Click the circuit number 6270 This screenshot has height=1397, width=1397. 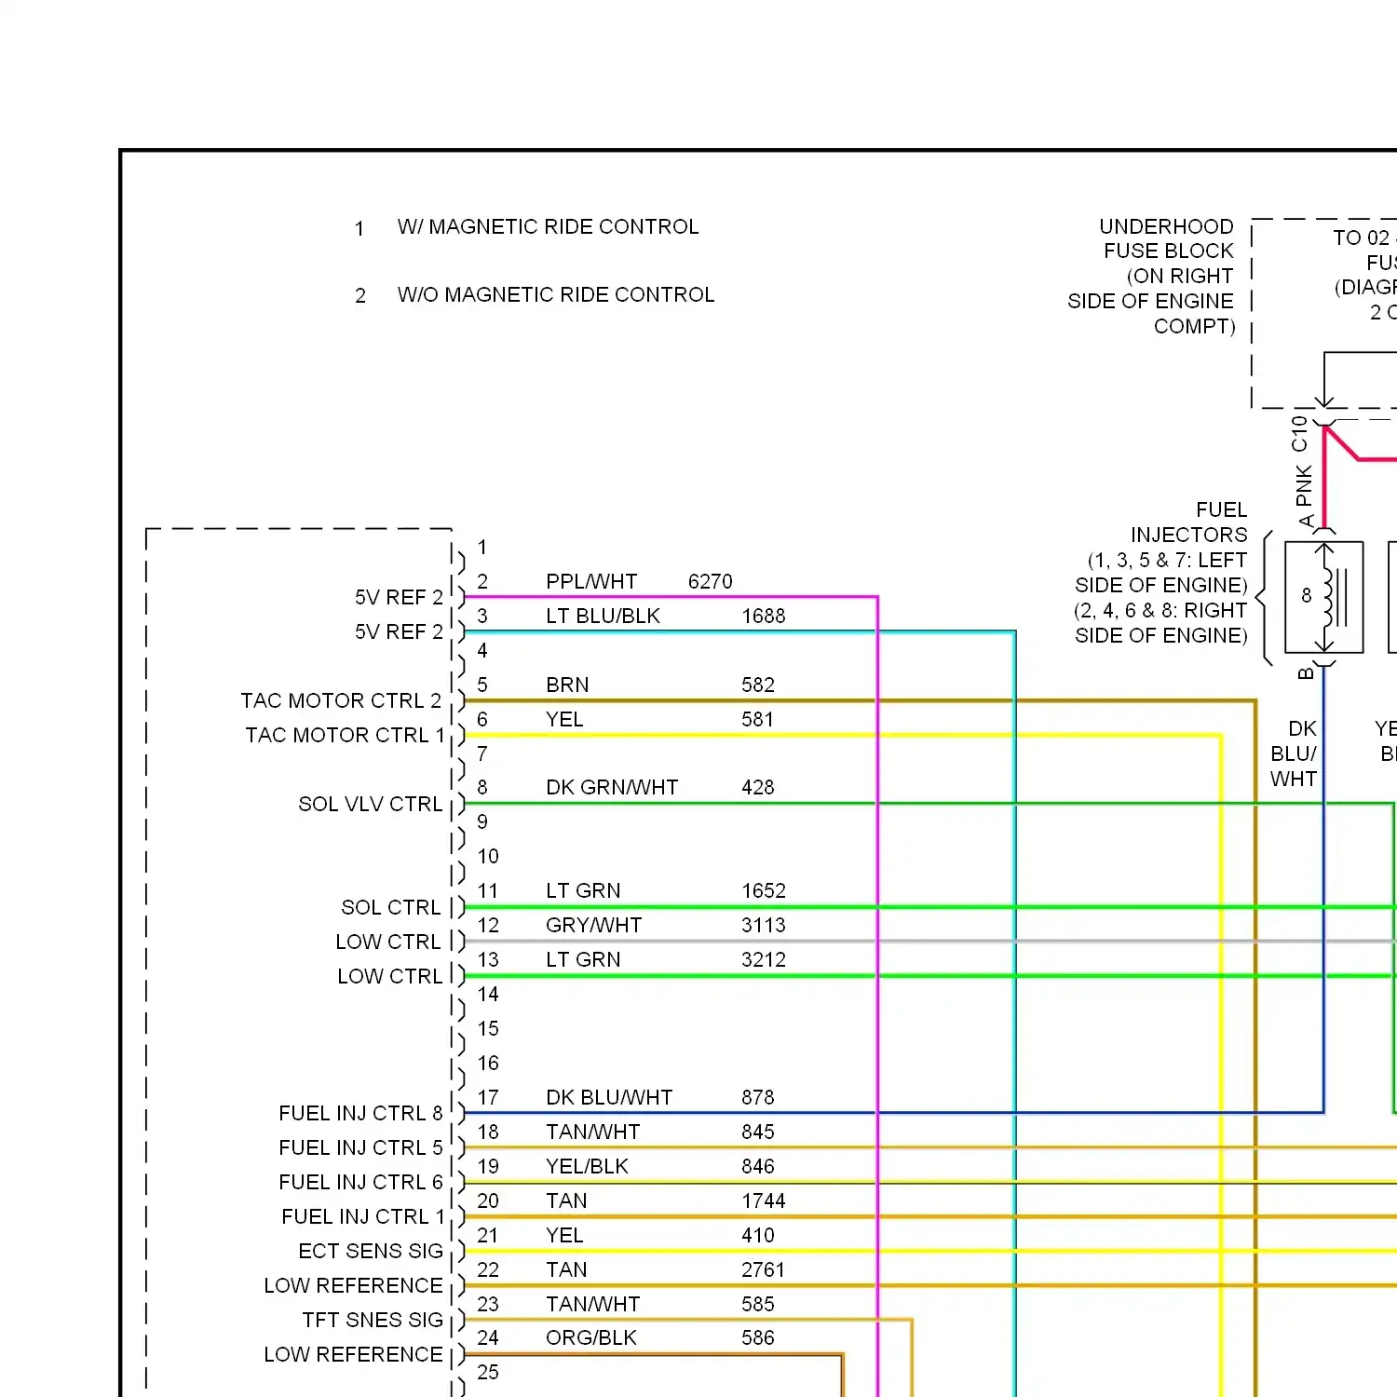pos(710,582)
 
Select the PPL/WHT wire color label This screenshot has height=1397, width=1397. pos(591,582)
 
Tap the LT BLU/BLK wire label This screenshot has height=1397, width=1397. pos(603,617)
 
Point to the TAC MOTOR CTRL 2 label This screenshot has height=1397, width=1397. pos(341,700)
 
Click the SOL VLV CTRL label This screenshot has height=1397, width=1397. pos(370,804)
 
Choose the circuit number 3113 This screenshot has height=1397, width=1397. pos(763,926)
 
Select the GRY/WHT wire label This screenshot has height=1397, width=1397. pos(593,926)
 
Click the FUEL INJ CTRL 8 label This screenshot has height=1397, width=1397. pos(360,1114)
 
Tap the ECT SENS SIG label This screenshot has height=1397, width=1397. pos(370,1252)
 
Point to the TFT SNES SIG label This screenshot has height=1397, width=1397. pos(372,1321)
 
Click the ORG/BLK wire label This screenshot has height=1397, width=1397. pos(590,1338)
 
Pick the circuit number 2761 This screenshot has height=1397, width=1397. pos(763,1270)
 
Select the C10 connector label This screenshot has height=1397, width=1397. pos(1299,434)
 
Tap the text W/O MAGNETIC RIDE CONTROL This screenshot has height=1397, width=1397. pos(555,295)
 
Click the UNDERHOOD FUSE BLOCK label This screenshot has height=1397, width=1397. pos(1166,239)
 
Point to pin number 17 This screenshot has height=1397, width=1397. pos(488,1098)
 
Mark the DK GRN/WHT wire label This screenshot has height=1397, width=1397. pos(611,788)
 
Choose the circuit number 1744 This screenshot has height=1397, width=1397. pos(763,1201)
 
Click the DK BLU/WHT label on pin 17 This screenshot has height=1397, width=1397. pos(608,1098)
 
